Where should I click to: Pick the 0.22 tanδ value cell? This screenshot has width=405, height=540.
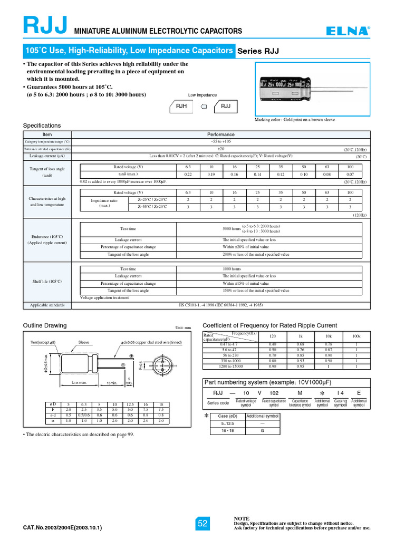(x=188, y=174)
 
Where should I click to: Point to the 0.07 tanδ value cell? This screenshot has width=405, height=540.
(x=350, y=174)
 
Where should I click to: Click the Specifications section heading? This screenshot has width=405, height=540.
(x=42, y=126)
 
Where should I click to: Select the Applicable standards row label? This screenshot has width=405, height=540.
(x=47, y=305)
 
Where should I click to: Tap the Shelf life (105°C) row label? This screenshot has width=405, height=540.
(x=47, y=282)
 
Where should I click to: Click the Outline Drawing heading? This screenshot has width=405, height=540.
(x=45, y=325)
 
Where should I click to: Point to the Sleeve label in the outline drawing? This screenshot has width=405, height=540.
(x=83, y=342)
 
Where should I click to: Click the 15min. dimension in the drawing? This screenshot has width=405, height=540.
(x=112, y=383)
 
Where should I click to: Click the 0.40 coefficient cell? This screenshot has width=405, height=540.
(x=273, y=345)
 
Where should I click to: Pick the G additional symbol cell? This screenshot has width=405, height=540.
(x=262, y=431)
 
